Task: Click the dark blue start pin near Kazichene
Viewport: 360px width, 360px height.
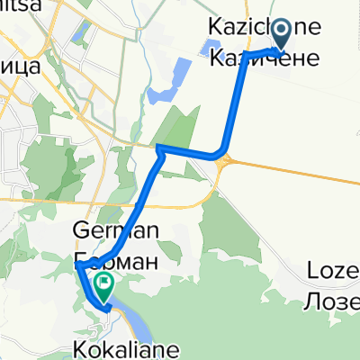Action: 282,34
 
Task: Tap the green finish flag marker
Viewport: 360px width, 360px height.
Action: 105,289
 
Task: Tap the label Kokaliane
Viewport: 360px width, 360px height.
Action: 123,347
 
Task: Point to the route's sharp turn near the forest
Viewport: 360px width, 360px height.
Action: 158,148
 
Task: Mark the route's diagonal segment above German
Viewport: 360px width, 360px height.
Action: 135,207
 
